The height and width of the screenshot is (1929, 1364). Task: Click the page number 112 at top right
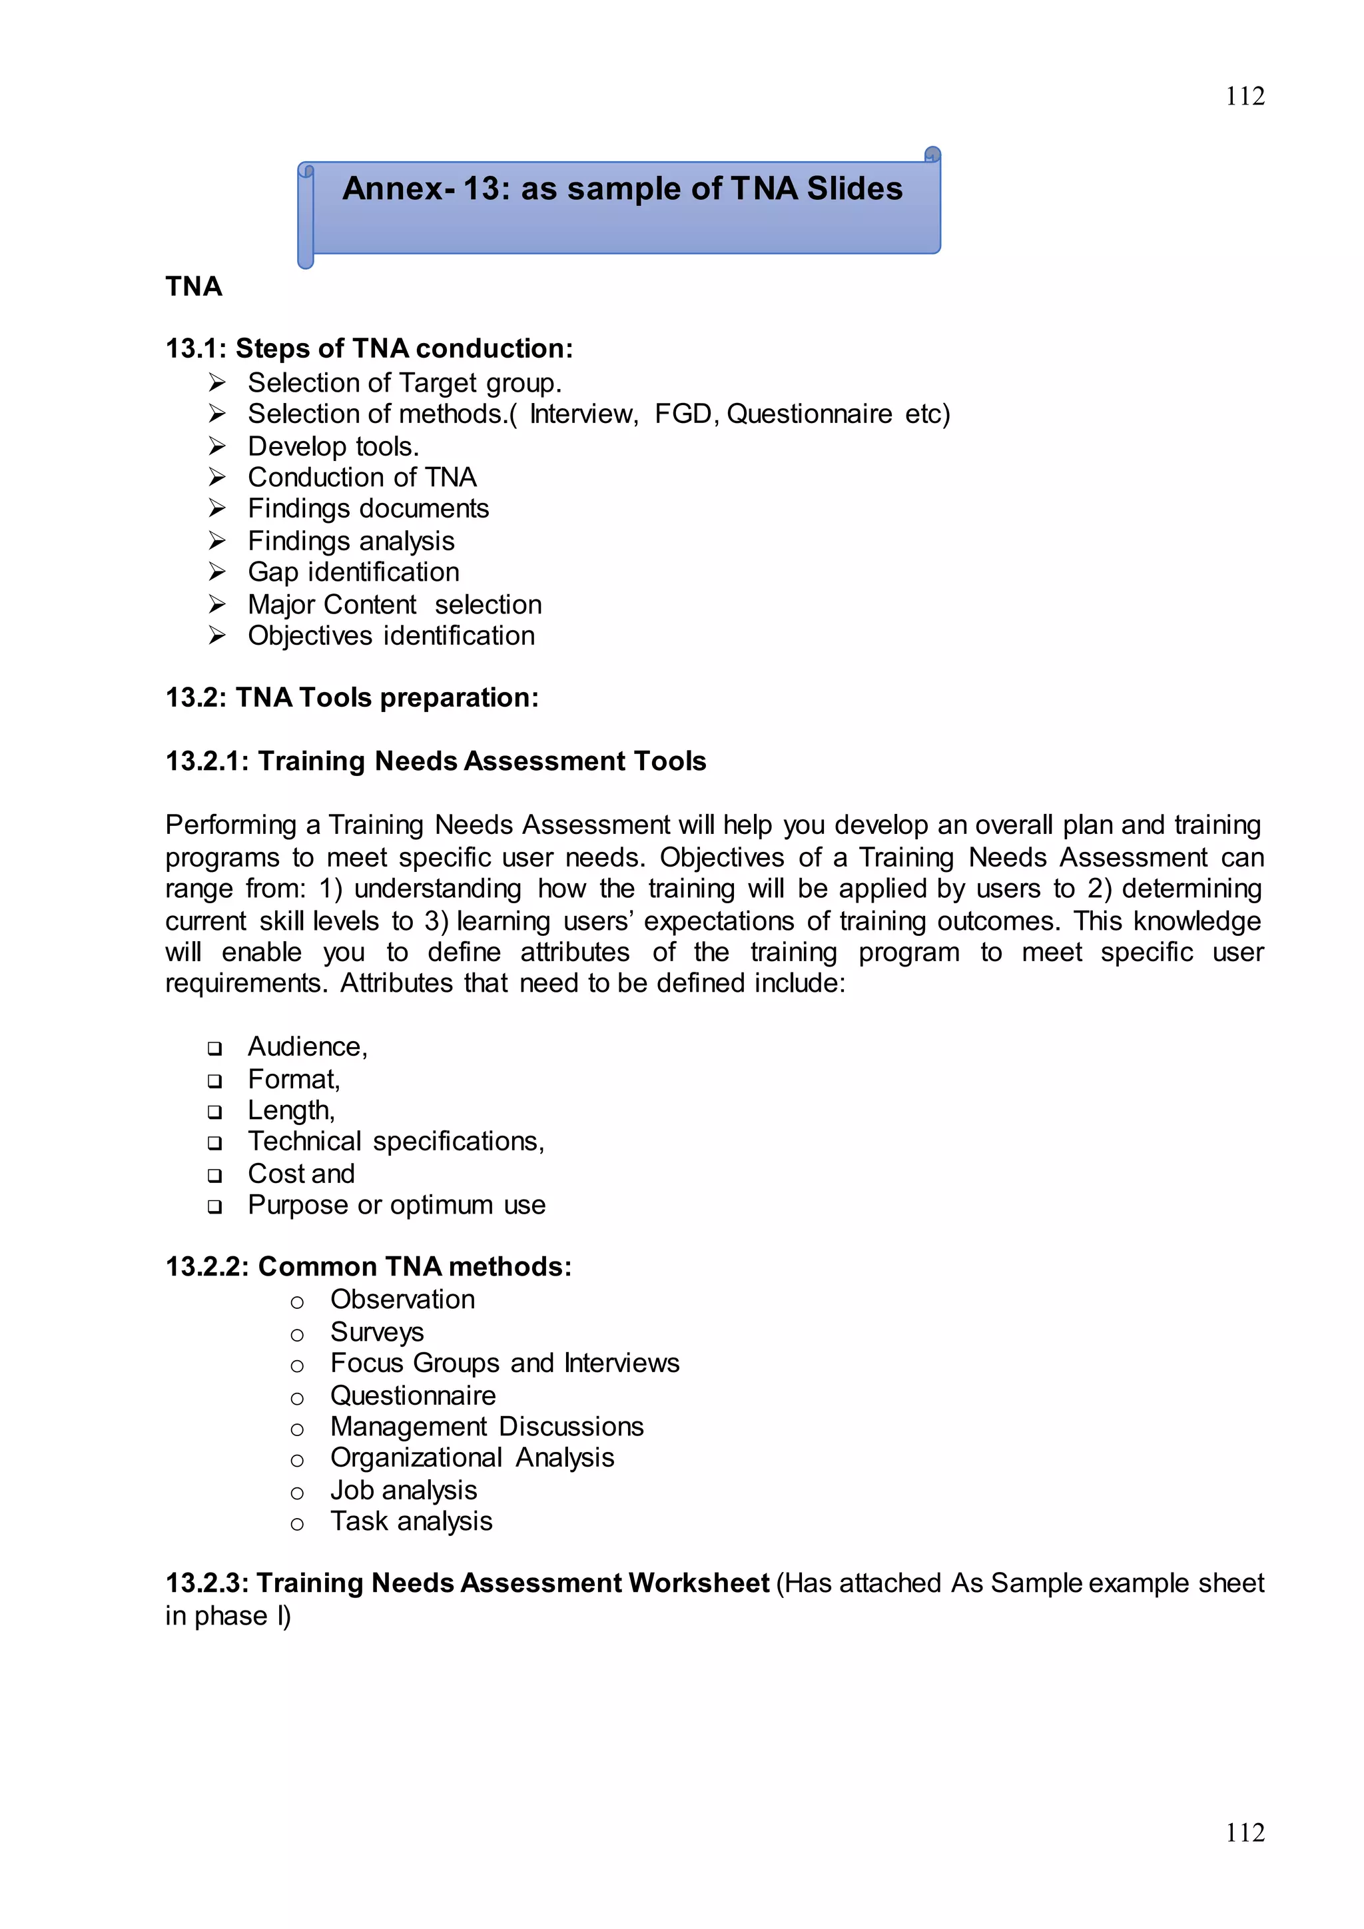[x=1244, y=97]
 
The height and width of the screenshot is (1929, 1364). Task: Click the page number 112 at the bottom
[x=1244, y=1832]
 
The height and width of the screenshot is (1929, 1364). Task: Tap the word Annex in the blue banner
[x=392, y=189]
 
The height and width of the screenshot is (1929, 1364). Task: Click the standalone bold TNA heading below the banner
[x=194, y=286]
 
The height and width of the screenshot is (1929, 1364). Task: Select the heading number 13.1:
[x=196, y=348]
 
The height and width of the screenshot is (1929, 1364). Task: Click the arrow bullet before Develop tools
[x=216, y=446]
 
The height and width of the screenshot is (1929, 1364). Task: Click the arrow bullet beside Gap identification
[x=216, y=572]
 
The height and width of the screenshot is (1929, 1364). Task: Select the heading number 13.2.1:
[x=206, y=761]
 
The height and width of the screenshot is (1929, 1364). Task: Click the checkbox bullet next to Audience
[x=215, y=1048]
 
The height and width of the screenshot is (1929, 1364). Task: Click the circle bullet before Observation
[x=296, y=1302]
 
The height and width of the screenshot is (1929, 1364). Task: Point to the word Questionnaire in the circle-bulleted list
[x=412, y=1395]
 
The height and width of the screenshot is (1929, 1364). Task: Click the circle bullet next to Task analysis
[x=296, y=1524]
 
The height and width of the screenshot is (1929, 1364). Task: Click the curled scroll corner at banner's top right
[x=932, y=155]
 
